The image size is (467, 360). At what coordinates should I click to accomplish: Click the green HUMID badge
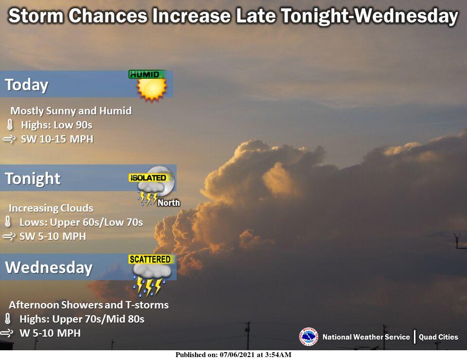pos(147,74)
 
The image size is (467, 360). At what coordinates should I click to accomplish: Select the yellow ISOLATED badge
pos(148,178)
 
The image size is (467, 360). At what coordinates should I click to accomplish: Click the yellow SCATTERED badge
pos(150,259)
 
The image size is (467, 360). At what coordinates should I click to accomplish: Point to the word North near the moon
pos(169,203)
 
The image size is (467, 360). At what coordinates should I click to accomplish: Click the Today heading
pos(26,85)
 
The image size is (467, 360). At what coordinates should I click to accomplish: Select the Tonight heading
pos(33,179)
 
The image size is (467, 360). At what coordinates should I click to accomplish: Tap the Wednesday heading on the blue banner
pos(49,267)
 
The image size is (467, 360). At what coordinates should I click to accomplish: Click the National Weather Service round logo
pos(308,337)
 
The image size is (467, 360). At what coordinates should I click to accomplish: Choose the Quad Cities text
pos(438,337)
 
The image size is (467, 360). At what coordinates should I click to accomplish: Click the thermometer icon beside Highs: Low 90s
pos(10,125)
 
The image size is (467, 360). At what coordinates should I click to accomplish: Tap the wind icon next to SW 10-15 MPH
pos(9,139)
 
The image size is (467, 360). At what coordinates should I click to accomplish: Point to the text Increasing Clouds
pos(51,208)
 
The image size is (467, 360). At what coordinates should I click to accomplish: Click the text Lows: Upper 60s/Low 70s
pos(81,222)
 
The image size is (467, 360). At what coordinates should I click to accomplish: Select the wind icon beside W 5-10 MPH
pos(7,333)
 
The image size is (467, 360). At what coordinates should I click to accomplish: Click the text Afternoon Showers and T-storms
pos(89,305)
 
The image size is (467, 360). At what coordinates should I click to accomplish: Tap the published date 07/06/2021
pos(237,355)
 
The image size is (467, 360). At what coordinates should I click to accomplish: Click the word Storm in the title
pos(36,16)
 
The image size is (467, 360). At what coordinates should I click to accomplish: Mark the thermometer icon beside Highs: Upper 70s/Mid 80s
pos(8,319)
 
